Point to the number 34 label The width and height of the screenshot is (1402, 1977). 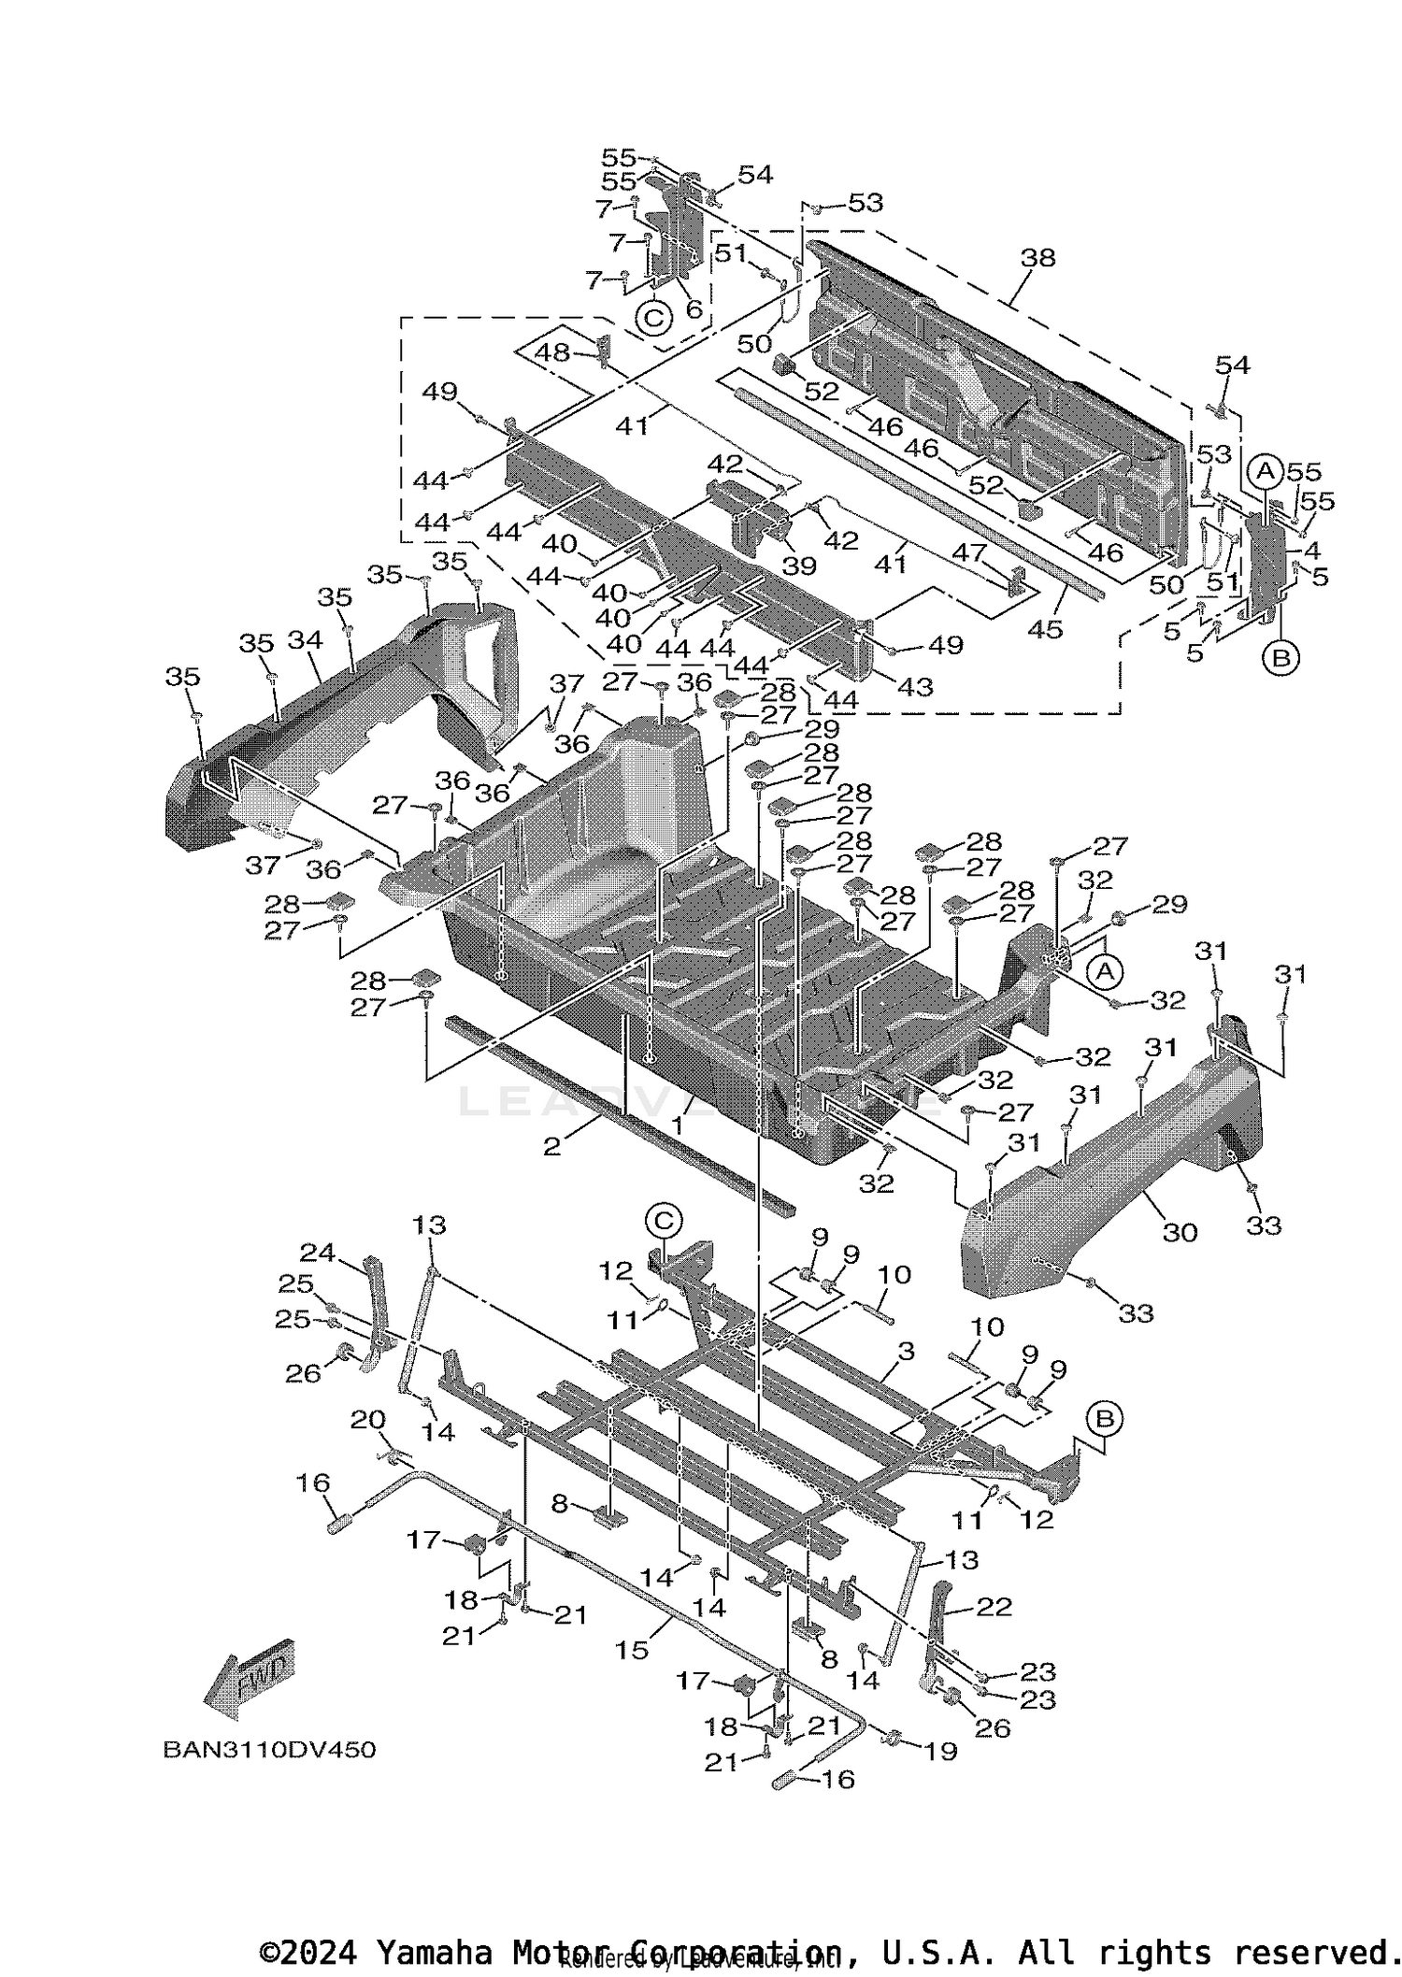(x=305, y=640)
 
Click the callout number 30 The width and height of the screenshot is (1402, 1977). (x=1180, y=1232)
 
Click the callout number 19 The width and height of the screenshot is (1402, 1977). (x=940, y=1751)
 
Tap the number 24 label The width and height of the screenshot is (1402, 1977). (x=317, y=1253)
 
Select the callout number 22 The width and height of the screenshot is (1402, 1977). (x=994, y=1606)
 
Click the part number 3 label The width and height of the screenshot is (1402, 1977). (x=905, y=1351)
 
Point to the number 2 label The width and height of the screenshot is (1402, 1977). (x=551, y=1145)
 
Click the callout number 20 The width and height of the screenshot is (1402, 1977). (x=367, y=1419)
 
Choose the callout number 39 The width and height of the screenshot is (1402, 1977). (x=799, y=565)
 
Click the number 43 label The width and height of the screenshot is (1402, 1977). (x=915, y=686)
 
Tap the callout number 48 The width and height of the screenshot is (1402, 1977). (x=551, y=352)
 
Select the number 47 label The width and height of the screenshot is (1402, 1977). (x=969, y=552)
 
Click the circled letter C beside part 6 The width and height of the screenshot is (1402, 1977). (x=653, y=318)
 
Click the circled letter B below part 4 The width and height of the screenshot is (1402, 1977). (x=1280, y=658)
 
